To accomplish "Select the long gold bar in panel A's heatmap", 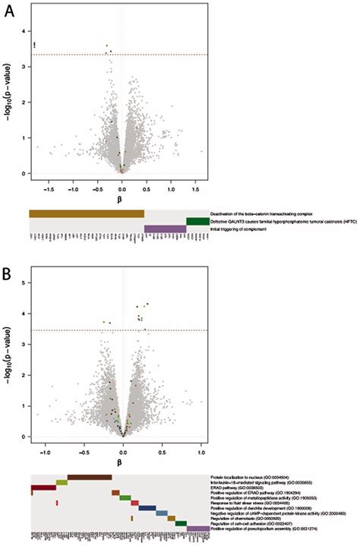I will pos(87,213).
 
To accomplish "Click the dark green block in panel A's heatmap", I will pos(197,221).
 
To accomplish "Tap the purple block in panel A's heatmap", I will pos(165,229).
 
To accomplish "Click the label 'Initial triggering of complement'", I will pos(237,229).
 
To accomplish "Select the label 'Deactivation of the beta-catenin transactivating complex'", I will pos(258,214).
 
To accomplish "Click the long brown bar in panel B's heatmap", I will pos(89,477).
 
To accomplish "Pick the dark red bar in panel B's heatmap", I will pos(43,488).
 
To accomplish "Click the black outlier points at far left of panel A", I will pos(35,46).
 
